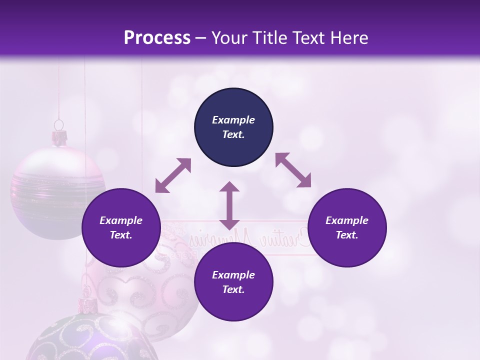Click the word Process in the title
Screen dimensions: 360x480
[157, 37]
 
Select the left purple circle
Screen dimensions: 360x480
[121, 227]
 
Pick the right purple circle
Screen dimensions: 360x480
[347, 227]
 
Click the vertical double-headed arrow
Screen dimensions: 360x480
[229, 205]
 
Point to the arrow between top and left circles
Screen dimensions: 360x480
[173, 175]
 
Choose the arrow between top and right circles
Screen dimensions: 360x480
[293, 170]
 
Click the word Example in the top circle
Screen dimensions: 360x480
[233, 120]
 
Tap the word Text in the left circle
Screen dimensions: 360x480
[121, 235]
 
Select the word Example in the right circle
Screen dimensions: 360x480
[347, 220]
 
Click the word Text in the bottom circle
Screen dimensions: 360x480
[233, 289]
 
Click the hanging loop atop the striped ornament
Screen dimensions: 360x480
[59, 124]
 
